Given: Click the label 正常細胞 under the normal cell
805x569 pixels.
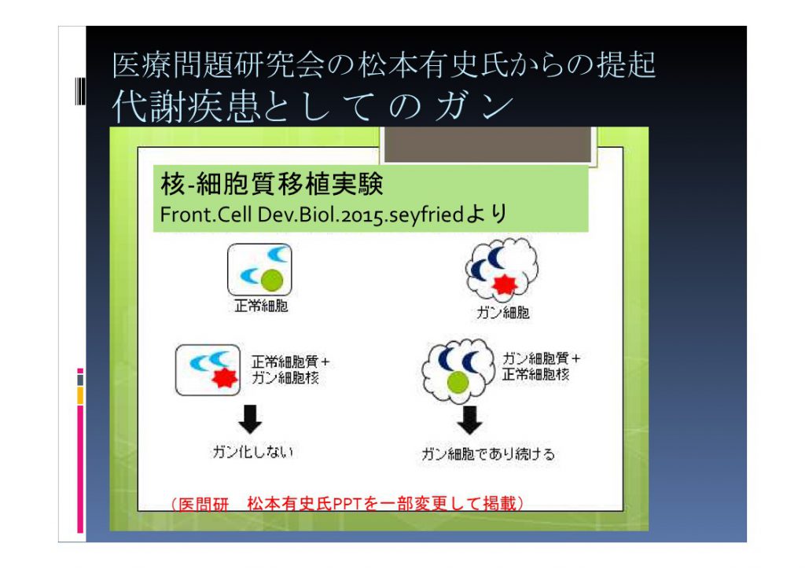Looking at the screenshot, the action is (261, 307).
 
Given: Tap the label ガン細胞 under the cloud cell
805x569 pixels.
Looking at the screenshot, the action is (502, 313).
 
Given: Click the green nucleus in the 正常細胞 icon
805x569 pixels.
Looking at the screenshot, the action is (272, 281).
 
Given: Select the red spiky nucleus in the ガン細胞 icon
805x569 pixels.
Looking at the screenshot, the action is (504, 284).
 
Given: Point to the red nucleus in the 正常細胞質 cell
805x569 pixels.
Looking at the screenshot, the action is (225, 377).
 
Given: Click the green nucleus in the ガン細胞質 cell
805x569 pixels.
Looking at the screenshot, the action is (458, 382).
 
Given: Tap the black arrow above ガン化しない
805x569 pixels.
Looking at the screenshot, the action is (250, 419).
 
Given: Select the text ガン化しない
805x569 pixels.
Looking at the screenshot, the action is (252, 452).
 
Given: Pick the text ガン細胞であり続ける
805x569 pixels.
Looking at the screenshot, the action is (488, 454).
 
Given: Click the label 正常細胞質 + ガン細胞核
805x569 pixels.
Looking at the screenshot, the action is (290, 369).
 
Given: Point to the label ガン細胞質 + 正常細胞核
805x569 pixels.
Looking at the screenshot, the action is (541, 365).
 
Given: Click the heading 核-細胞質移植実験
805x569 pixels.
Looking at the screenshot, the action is (271, 184).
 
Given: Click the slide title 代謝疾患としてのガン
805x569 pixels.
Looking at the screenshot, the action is (312, 106).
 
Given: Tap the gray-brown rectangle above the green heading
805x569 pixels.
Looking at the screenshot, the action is (487, 145).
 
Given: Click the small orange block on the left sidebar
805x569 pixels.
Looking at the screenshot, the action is (80, 395).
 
